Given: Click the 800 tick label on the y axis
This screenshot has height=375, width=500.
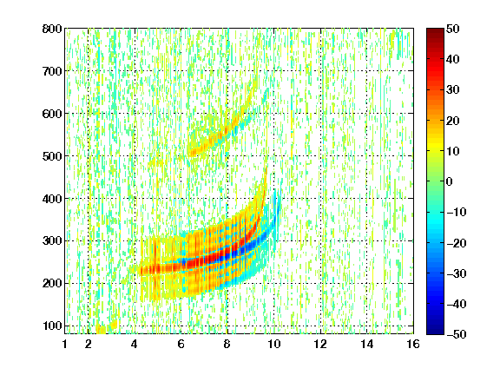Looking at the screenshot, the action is point(52,29).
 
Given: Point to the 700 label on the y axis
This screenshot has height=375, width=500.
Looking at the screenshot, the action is point(52,71).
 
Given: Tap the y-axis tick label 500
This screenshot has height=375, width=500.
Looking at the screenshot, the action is point(52,156).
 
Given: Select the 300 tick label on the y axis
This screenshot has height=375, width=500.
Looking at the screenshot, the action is point(52,241).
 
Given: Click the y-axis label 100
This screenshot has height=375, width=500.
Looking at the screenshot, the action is point(52,326).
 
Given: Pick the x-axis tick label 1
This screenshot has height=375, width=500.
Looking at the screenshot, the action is point(65,344).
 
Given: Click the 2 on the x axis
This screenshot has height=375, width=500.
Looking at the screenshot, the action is point(89,344).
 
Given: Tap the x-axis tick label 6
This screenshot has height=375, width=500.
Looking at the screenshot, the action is point(181,344).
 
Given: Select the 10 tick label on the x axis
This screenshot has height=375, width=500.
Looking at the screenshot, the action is point(273,344).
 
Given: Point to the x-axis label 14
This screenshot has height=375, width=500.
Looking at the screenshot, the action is point(366,344).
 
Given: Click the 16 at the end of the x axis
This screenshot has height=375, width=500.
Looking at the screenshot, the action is point(413,344).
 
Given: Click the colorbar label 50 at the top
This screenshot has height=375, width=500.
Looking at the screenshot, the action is point(453,29).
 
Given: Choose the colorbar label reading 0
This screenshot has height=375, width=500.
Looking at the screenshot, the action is point(450,181).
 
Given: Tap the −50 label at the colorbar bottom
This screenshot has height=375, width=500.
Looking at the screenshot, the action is point(457,334).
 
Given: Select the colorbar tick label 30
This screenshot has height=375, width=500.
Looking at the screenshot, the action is point(453,90).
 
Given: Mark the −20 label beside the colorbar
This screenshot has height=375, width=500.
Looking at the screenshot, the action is point(457,243).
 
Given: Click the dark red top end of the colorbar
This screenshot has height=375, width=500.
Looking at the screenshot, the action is point(435,30).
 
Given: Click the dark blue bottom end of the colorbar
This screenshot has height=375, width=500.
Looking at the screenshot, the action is point(435,332).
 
